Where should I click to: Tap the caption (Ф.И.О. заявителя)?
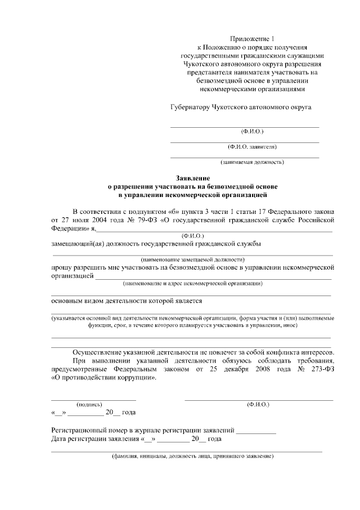click(x=252, y=147)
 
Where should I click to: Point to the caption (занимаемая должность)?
click(x=252, y=163)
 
